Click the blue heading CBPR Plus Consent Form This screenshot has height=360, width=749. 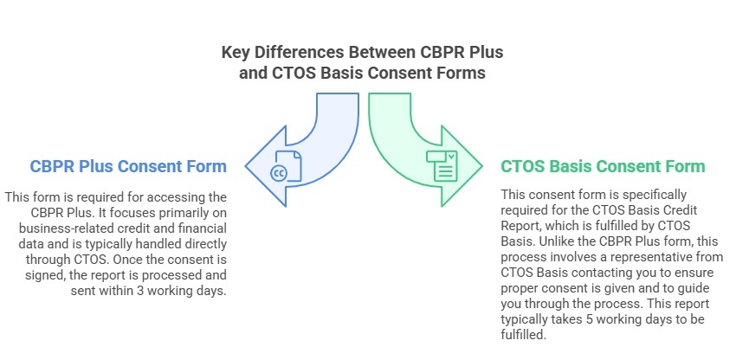click(128, 166)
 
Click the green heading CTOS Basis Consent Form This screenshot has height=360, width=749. click(603, 166)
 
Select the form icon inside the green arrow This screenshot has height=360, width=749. click(442, 164)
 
